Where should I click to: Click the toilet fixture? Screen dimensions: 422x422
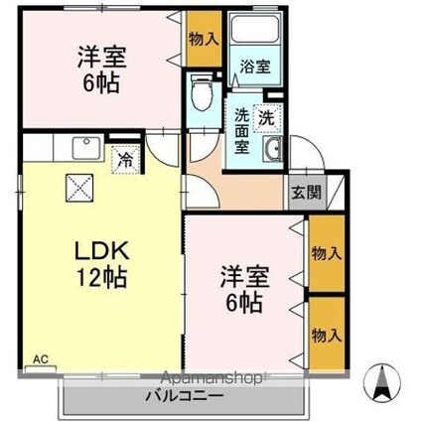click(x=202, y=92)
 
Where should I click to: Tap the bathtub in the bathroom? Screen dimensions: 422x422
click(x=254, y=29)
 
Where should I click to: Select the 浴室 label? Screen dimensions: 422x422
click(x=255, y=68)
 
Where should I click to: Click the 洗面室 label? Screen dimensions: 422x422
click(x=242, y=131)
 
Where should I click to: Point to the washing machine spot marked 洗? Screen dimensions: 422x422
click(x=267, y=118)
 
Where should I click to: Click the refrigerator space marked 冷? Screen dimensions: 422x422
click(x=126, y=160)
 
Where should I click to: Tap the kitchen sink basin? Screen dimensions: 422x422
click(x=87, y=148)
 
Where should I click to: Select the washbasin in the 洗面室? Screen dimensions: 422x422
click(x=273, y=149)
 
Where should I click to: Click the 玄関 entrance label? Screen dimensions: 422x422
click(x=306, y=193)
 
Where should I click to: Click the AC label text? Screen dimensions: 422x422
click(x=41, y=358)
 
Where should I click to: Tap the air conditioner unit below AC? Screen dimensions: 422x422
click(x=41, y=369)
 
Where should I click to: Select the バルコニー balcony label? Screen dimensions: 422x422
click(x=185, y=396)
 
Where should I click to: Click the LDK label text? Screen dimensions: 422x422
click(x=101, y=251)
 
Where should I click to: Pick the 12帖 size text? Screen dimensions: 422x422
click(x=101, y=277)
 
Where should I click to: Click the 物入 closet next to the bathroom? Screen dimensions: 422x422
click(x=204, y=39)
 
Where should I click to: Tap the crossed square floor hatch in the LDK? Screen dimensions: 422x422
click(x=80, y=188)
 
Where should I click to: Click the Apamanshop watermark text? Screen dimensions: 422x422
click(x=213, y=377)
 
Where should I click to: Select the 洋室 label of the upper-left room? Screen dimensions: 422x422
click(x=101, y=58)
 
